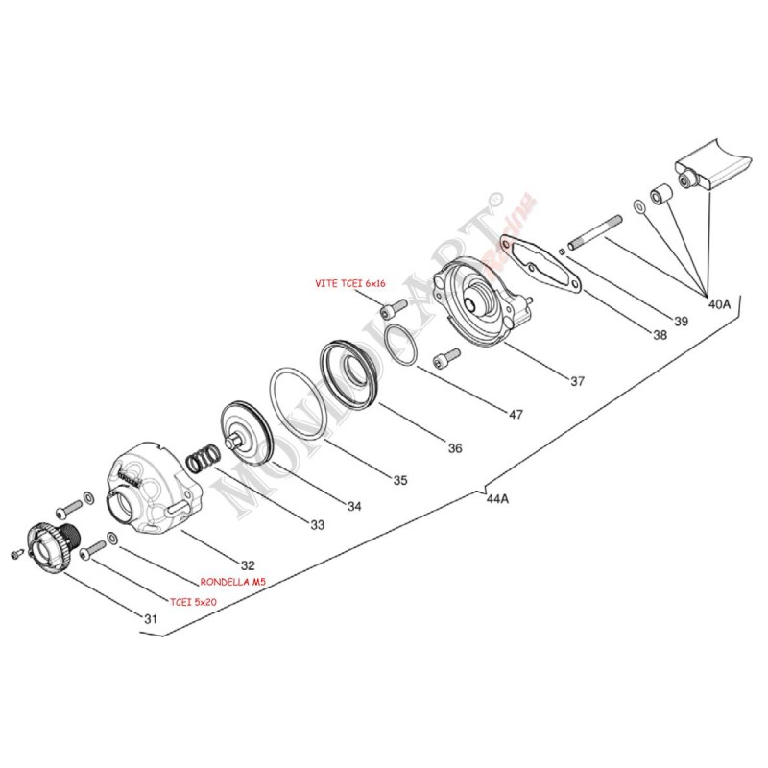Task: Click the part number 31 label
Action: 150,619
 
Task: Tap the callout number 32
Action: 249,565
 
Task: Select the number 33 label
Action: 317,525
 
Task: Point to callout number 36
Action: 454,448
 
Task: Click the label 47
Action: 516,415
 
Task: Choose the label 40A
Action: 719,303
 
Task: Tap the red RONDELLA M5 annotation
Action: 232,582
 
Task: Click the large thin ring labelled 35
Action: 299,404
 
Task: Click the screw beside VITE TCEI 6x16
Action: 393,309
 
